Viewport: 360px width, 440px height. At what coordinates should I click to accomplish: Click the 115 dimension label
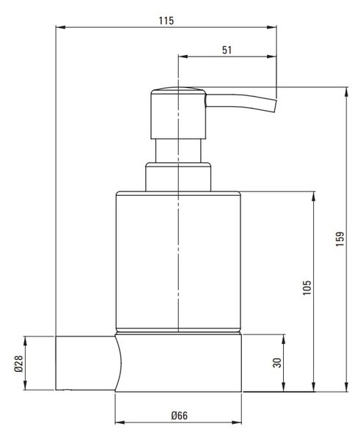pyautogui.click(x=166, y=21)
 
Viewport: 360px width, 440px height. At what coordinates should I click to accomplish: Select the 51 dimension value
pyautogui.click(x=227, y=50)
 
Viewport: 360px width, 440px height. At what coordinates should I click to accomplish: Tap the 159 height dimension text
pyautogui.click(x=339, y=239)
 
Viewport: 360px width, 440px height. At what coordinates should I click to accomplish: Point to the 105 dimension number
pyautogui.click(x=307, y=287)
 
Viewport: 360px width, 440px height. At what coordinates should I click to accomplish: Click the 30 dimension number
pyautogui.click(x=277, y=363)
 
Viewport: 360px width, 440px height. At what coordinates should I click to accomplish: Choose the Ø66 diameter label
pyautogui.click(x=180, y=415)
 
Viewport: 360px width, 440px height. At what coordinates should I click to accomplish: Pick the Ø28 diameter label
pyautogui.click(x=18, y=364)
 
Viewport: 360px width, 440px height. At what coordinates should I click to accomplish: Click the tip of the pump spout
pyautogui.click(x=275, y=106)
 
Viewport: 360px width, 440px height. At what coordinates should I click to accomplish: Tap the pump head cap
pyautogui.click(x=178, y=113)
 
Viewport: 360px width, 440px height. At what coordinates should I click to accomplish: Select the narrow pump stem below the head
pyautogui.click(x=178, y=150)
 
